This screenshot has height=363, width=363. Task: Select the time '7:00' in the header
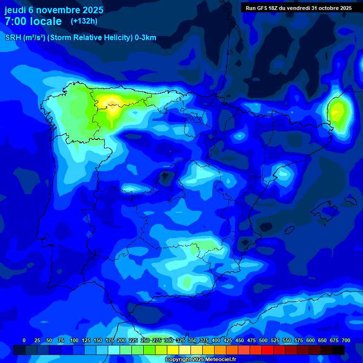(16, 21)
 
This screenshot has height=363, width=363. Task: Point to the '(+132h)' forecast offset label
(84, 21)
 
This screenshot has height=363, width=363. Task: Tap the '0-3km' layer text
(145, 38)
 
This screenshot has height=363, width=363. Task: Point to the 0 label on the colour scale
(24, 340)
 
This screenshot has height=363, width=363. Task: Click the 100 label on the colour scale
(74, 340)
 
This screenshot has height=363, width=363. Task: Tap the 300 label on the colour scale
(169, 340)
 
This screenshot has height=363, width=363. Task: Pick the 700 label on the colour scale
(346, 340)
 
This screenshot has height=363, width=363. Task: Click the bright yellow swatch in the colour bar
(173, 350)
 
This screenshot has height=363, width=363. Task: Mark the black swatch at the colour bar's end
(338, 350)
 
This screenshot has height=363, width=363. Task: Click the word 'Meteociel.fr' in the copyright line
(220, 360)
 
